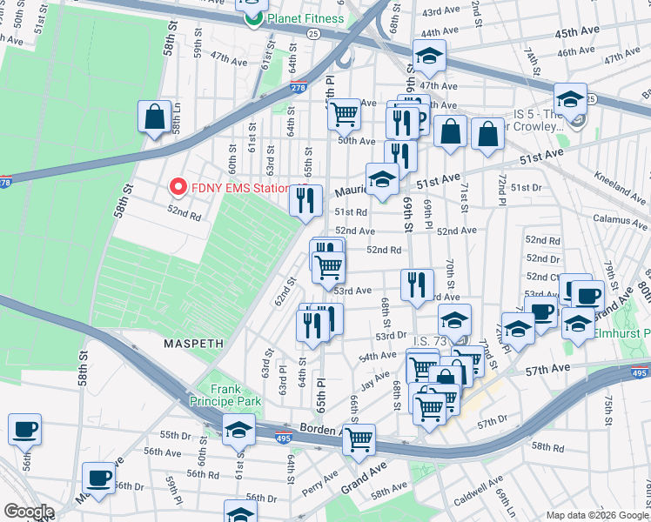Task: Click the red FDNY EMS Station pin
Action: coord(178,187)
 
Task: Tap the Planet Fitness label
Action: coord(305,18)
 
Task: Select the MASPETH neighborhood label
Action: coord(192,345)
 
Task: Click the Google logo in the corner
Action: coord(28,512)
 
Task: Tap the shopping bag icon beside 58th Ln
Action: coord(154,117)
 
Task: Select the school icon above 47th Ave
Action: coord(428,56)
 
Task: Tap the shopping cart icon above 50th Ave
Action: coord(345,112)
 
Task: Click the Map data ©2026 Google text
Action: coord(597,515)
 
